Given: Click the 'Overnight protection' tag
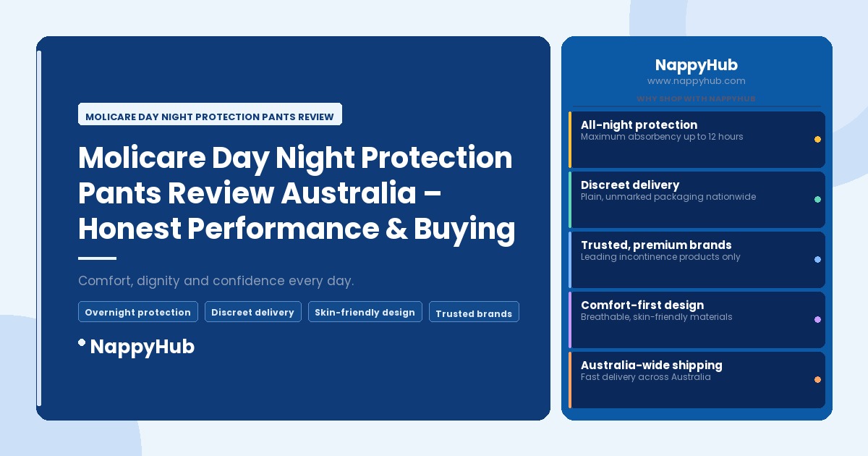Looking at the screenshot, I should tap(137, 312).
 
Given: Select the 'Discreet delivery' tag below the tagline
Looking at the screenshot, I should tap(252, 312).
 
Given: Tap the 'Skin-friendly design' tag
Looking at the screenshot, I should tap(365, 312).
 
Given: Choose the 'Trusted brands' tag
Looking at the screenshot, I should tap(474, 313).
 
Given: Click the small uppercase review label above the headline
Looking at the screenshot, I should tap(210, 116).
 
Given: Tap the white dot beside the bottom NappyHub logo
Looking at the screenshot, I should tap(82, 342).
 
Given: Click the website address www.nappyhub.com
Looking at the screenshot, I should tap(696, 81).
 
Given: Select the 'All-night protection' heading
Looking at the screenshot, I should tap(639, 124).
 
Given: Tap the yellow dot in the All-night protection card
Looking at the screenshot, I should tap(817, 139).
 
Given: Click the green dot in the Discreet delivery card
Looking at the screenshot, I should tap(817, 199).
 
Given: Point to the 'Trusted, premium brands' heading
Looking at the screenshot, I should tap(655, 245).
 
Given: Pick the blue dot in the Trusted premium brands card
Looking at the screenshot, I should tap(817, 259).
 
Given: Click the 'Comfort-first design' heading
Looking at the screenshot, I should tap(642, 305).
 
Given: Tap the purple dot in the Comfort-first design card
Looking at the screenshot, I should tap(817, 319).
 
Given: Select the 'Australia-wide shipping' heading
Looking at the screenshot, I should tap(651, 365).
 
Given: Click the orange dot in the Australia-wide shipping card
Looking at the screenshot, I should tap(817, 379).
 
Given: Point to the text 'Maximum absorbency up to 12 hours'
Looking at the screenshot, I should tap(661, 137).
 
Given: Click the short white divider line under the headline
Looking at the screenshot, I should tap(97, 258).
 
